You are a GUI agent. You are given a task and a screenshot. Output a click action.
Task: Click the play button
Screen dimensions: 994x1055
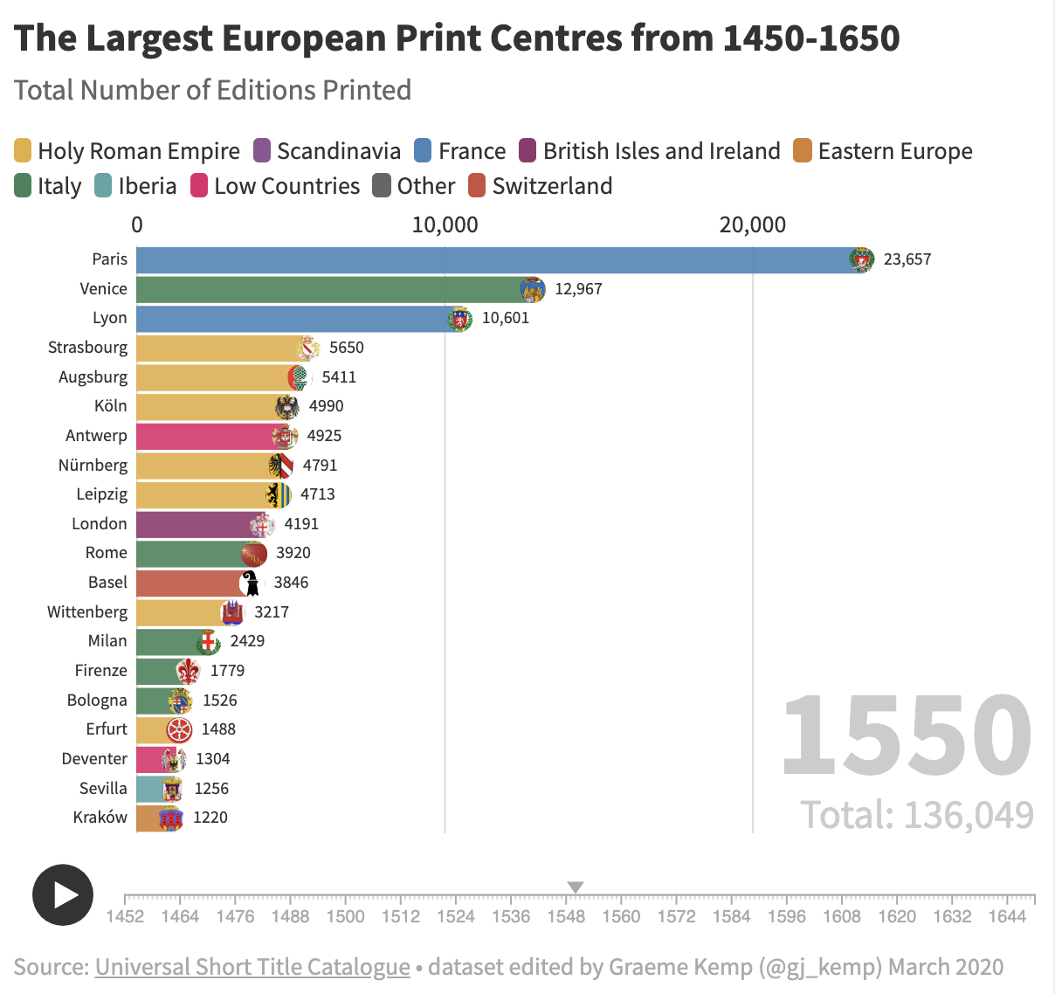pyautogui.click(x=63, y=894)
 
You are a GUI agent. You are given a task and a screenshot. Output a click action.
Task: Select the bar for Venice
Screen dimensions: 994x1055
pyautogui.click(x=332, y=289)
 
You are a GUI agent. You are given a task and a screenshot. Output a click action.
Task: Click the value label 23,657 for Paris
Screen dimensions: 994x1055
pyautogui.click(x=907, y=259)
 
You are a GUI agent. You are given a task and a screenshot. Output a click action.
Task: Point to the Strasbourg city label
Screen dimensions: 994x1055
pyautogui.click(x=87, y=348)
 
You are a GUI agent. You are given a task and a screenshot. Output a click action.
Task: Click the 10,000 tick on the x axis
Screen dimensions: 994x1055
pyautogui.click(x=445, y=225)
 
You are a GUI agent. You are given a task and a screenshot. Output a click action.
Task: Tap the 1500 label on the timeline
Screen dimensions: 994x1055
pyautogui.click(x=345, y=916)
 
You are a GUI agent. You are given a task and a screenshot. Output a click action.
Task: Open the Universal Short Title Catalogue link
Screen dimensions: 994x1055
pyautogui.click(x=252, y=967)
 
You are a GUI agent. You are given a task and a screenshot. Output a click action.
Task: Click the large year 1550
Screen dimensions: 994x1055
pyautogui.click(x=907, y=735)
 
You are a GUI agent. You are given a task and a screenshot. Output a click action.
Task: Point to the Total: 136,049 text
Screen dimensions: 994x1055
pyautogui.click(x=917, y=815)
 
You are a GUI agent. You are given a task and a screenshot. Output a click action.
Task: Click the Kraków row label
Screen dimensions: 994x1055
pyautogui.click(x=100, y=818)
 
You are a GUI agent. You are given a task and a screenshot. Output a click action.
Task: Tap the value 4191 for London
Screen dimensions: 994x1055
pyautogui.click(x=301, y=524)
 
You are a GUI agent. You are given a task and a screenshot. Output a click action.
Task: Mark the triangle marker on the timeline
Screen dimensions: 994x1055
pyautogui.click(x=576, y=887)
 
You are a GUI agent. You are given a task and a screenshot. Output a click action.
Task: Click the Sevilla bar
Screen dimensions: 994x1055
pyautogui.click(x=150, y=789)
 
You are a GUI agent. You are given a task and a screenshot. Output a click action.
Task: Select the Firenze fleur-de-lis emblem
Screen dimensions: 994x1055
pyautogui.click(x=188, y=671)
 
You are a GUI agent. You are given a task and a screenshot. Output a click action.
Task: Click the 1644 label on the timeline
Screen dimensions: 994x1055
pyautogui.click(x=1007, y=916)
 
